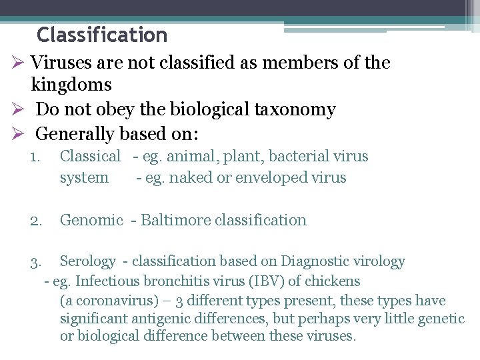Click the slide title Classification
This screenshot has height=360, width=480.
[102, 34]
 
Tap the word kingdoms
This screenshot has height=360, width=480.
[71, 85]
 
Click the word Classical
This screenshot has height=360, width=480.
[90, 157]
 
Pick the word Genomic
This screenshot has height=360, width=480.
[91, 220]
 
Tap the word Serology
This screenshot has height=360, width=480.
[87, 261]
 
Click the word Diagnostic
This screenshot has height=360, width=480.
[315, 261]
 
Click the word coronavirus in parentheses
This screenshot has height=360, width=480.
[105, 301]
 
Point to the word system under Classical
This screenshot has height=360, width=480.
[84, 178]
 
